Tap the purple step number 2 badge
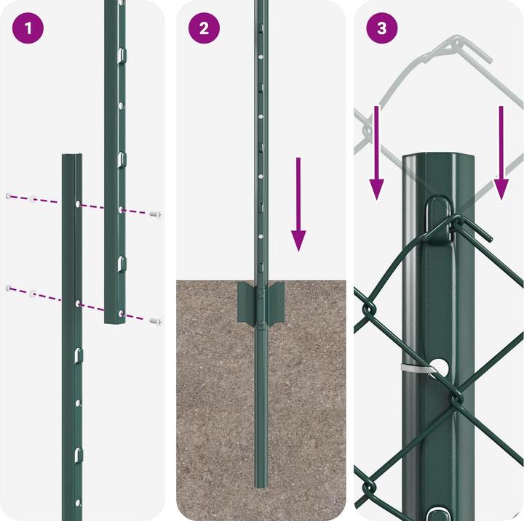204,29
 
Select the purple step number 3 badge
382,29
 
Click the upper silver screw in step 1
155,214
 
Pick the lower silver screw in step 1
154,320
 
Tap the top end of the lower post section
71,157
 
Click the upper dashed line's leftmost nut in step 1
8,196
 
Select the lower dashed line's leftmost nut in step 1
8,288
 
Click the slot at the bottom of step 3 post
439,511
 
